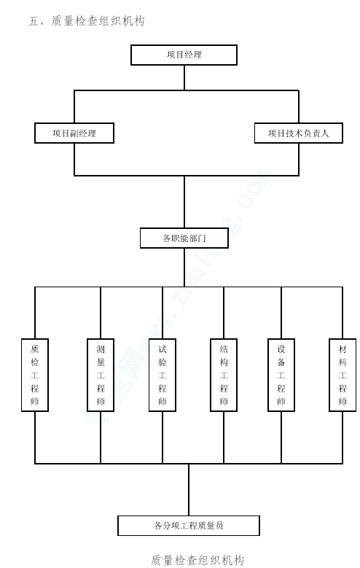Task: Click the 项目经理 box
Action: (184, 55)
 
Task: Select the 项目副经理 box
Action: (74, 133)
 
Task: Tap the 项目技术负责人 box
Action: (299, 133)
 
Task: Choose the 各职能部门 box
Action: (184, 238)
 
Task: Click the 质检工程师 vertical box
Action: (35, 375)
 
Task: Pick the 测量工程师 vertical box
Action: (101, 375)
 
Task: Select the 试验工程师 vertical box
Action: (163, 375)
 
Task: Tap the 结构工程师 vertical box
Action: (224, 375)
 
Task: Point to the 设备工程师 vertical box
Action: (281, 375)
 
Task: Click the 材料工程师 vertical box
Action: (343, 375)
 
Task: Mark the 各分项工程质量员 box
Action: (189, 526)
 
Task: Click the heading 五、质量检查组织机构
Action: (87, 21)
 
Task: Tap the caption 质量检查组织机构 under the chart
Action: (197, 560)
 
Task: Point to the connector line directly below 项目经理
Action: (184, 78)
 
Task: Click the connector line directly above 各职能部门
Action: (184, 202)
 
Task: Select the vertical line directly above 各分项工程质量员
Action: (189, 490)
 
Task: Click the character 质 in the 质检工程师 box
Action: (35, 349)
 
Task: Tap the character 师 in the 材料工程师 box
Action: (343, 401)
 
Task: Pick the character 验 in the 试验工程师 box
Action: (163, 362)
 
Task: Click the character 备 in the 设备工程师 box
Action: (281, 362)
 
